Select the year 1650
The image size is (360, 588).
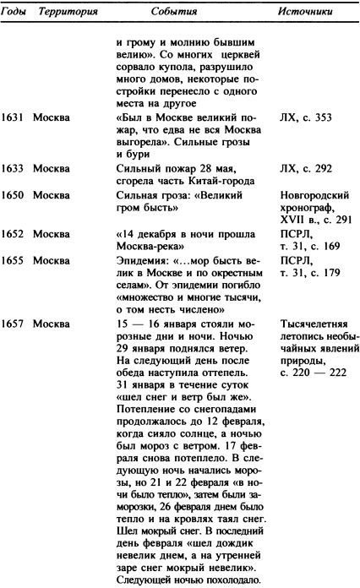[13, 196]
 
